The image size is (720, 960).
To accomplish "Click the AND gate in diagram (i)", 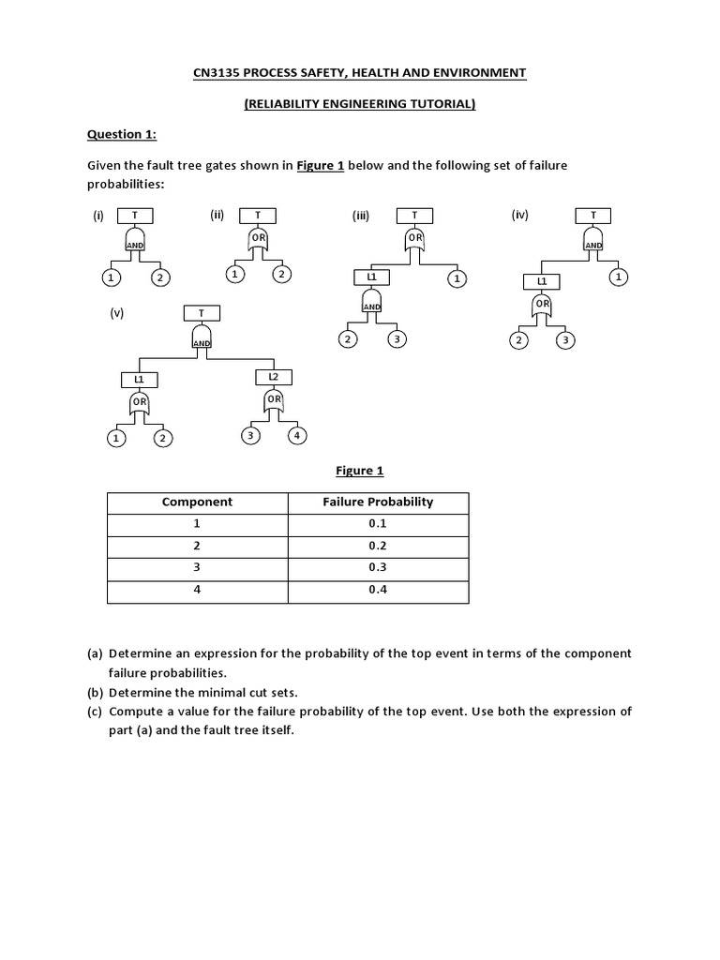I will (135, 242).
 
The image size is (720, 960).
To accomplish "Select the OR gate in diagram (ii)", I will (258, 240).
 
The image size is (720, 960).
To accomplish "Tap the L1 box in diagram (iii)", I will (372, 277).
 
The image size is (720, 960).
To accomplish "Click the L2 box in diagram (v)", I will (273, 377).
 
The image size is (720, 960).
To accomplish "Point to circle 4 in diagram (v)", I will (297, 435).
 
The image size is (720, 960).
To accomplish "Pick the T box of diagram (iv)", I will (592, 216).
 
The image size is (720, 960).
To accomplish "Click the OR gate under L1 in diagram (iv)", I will (543, 303).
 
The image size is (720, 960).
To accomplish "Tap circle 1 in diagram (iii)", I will (456, 278).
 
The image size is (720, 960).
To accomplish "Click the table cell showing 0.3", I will (378, 567).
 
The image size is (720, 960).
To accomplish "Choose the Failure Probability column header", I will (378, 502).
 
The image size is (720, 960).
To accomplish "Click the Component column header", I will (197, 502).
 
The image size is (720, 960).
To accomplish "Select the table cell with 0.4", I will (378, 590).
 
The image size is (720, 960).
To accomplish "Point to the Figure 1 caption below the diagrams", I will (360, 471).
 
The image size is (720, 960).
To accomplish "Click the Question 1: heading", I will (122, 134).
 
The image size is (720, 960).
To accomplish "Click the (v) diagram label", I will (117, 315).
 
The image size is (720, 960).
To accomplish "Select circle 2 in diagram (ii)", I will (281, 275).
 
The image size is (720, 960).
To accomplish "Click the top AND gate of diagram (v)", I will (202, 337).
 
